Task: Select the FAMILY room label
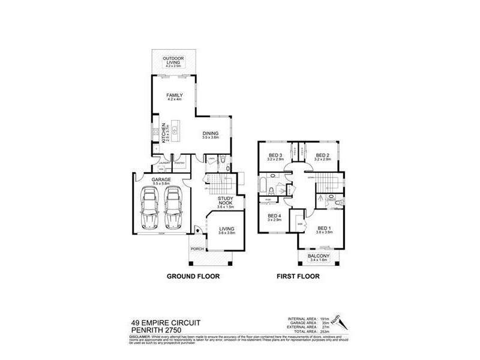pyautogui.click(x=175, y=96)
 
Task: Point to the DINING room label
pyautogui.click(x=210, y=134)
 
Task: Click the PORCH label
pyautogui.click(x=197, y=248)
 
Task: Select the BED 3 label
pyautogui.click(x=275, y=155)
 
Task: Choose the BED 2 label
pyautogui.click(x=323, y=155)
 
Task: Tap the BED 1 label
pyautogui.click(x=324, y=228)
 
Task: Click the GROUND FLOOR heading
pyautogui.click(x=194, y=277)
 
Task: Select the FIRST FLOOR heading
pyautogui.click(x=298, y=277)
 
